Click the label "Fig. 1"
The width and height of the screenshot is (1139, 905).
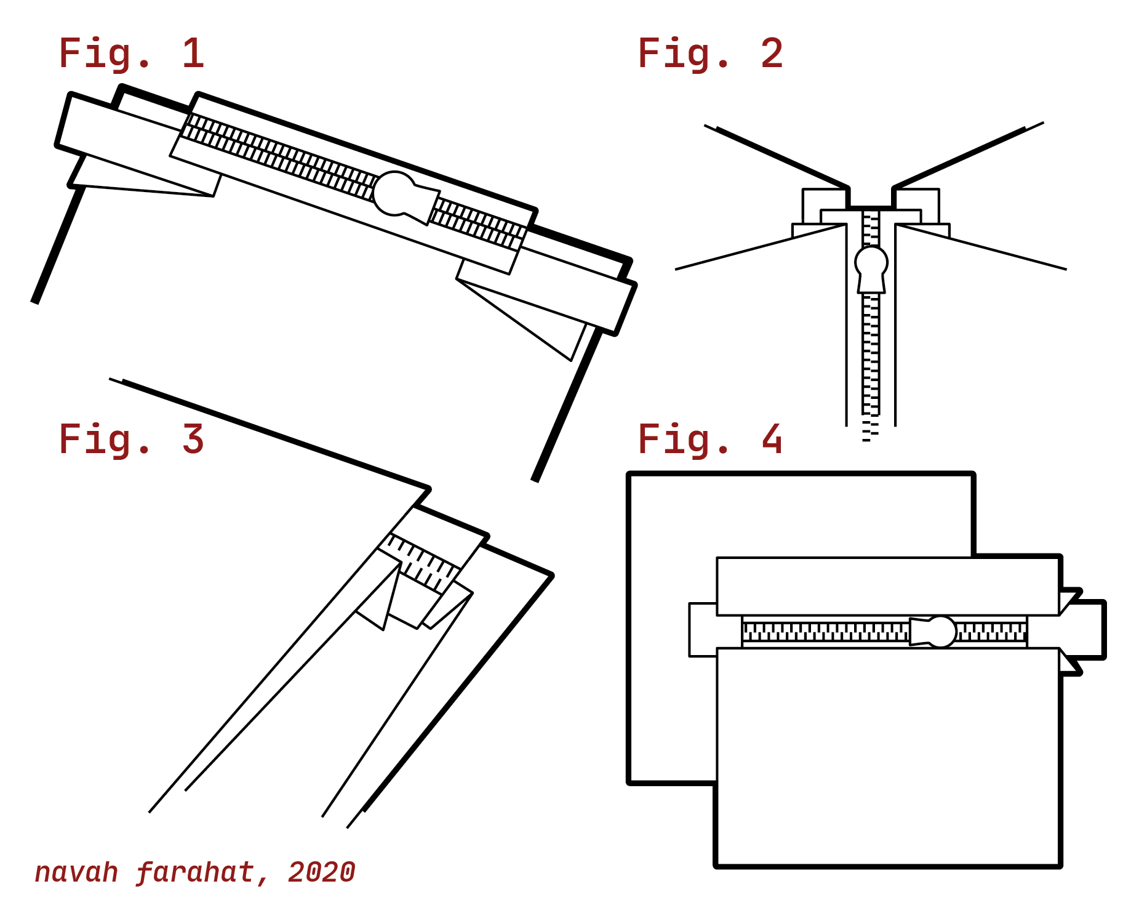tap(130, 54)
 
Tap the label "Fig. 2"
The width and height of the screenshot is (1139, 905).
tap(710, 54)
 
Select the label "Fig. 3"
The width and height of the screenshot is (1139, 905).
tap(130, 440)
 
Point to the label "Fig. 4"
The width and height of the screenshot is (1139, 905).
tap(710, 440)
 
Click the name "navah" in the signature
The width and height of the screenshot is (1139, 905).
tap(76, 872)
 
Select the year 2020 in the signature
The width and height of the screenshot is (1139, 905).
tap(321, 872)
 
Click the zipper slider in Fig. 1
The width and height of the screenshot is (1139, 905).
tap(403, 196)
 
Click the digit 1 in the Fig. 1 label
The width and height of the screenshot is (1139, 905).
tap(193, 54)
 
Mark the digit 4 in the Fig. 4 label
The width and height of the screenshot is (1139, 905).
tap(772, 440)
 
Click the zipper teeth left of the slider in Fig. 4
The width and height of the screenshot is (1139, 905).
tap(825, 632)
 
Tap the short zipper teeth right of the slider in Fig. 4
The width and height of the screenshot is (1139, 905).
tap(991, 632)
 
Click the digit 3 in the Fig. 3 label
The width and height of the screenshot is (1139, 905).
tap(193, 440)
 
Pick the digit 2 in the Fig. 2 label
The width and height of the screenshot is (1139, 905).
tap(772, 54)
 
